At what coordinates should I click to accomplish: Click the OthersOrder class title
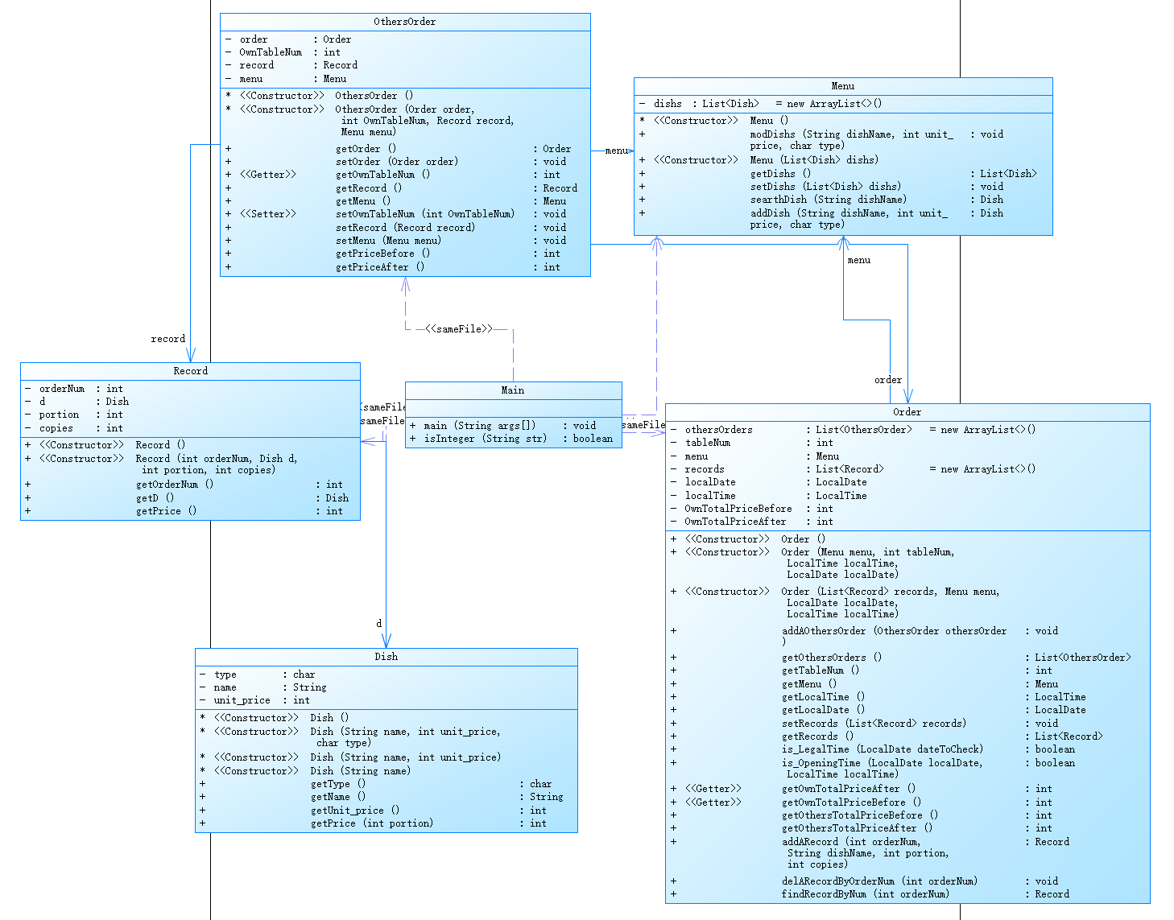(404, 22)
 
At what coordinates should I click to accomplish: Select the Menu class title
(842, 86)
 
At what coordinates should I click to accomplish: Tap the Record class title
(190, 371)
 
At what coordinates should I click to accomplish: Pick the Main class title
(513, 390)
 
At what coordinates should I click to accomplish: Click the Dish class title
(386, 657)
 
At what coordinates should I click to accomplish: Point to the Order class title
(907, 412)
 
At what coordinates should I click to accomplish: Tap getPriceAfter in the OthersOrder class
(380, 267)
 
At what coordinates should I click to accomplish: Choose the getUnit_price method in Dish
(354, 811)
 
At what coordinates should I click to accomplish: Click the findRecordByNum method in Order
(865, 894)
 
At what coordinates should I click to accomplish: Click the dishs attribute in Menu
(668, 104)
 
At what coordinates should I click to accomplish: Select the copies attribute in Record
(56, 428)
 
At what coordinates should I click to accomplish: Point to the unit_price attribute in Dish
(242, 700)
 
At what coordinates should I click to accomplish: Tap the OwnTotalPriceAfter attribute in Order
(735, 522)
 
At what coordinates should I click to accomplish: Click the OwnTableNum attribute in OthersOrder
(271, 52)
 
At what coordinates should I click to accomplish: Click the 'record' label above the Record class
(168, 339)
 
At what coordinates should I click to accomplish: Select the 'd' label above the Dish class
(379, 624)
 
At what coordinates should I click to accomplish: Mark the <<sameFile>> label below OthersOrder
(459, 329)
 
